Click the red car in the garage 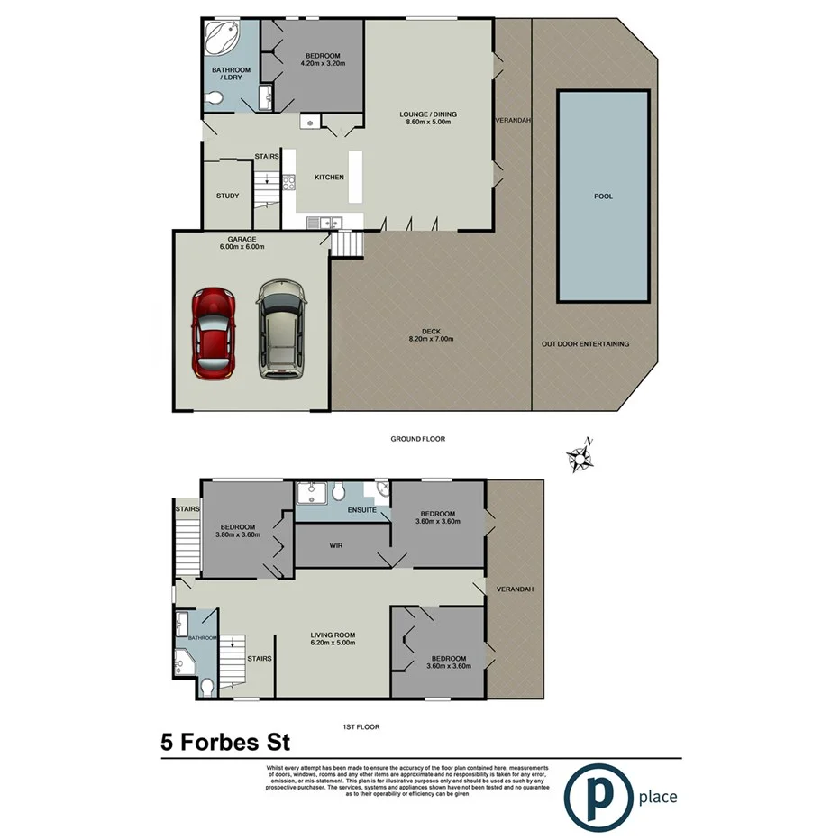pyautogui.click(x=214, y=333)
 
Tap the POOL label pyautogui.click(x=603, y=196)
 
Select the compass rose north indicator pyautogui.click(x=579, y=456)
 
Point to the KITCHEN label pyautogui.click(x=329, y=178)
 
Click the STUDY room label pyautogui.click(x=226, y=196)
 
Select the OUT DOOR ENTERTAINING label pyautogui.click(x=585, y=343)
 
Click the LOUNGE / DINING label pyautogui.click(x=428, y=118)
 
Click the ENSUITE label pyautogui.click(x=362, y=510)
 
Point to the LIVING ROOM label pyautogui.click(x=333, y=638)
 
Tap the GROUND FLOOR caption pyautogui.click(x=417, y=439)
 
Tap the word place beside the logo pyautogui.click(x=657, y=797)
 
